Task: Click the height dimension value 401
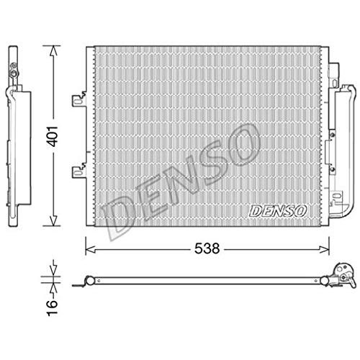[53, 136]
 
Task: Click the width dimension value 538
[207, 248]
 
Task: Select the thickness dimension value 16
[52, 307]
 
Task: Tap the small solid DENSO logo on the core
[278, 211]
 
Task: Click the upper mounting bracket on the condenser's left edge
[79, 100]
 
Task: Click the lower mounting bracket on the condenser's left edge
[79, 171]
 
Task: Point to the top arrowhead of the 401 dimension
[53, 50]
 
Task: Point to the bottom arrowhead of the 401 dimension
[53, 221]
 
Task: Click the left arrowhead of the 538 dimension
[91, 250]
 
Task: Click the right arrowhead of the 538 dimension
[324, 250]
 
